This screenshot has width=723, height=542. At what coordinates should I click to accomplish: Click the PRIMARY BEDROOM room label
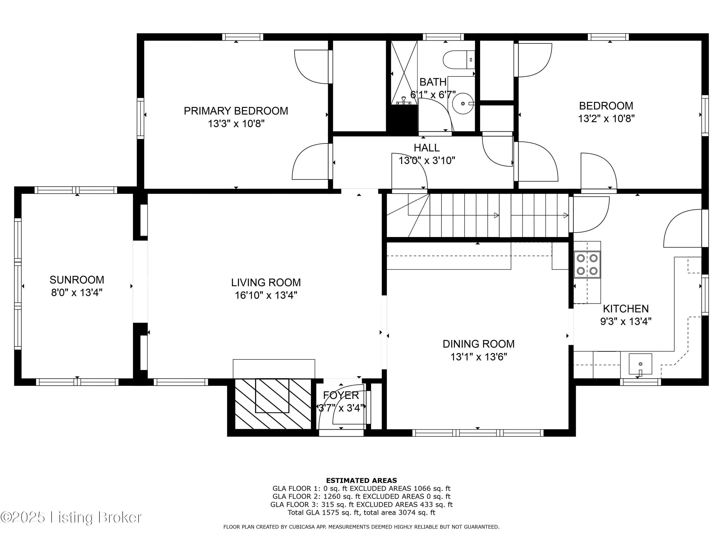pyautogui.click(x=236, y=111)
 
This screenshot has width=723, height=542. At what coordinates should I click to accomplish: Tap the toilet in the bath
pyautogui.click(x=459, y=60)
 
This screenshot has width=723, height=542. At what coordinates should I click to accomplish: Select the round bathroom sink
pyautogui.click(x=463, y=103)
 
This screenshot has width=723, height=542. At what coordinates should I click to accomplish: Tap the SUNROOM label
pyautogui.click(x=77, y=280)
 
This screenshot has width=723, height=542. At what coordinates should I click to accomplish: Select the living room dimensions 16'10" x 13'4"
pyautogui.click(x=266, y=295)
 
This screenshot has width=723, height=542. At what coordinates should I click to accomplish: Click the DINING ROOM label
pyautogui.click(x=479, y=344)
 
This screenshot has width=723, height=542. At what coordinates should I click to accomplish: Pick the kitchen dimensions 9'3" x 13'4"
pyautogui.click(x=626, y=322)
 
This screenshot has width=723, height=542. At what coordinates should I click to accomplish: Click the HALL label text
pyautogui.click(x=427, y=148)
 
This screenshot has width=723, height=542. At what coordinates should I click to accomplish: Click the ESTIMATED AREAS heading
pyautogui.click(x=361, y=480)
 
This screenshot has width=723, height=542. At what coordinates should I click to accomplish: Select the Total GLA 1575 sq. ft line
pyautogui.click(x=361, y=512)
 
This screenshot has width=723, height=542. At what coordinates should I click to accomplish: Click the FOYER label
pyautogui.click(x=341, y=395)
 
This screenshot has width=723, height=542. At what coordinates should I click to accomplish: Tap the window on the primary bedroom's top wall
pyautogui.click(x=242, y=37)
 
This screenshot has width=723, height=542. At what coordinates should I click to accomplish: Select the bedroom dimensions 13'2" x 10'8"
pyautogui.click(x=606, y=119)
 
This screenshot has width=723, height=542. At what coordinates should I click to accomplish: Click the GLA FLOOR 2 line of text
pyautogui.click(x=361, y=496)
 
